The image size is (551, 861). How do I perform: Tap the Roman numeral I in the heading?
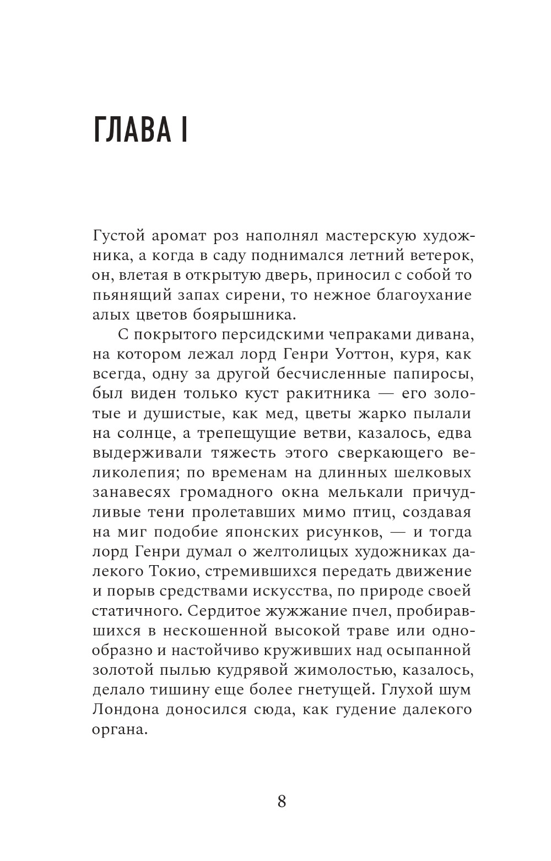pyautogui.click(x=184, y=130)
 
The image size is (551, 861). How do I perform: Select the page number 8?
pyautogui.click(x=282, y=800)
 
